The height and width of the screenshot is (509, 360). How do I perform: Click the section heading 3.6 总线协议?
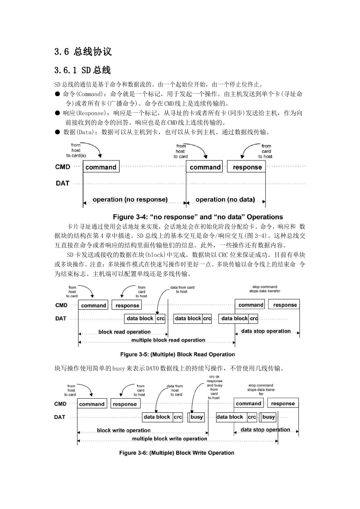point(83,51)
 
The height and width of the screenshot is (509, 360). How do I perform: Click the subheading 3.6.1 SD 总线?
point(82,70)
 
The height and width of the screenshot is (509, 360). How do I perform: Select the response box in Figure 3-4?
point(246,167)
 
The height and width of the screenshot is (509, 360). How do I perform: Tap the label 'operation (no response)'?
point(130,199)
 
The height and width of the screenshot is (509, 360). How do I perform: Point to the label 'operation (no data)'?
point(225,199)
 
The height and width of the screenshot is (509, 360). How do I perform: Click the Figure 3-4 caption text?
point(198,217)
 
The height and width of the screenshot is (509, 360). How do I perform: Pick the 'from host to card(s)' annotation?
point(76,150)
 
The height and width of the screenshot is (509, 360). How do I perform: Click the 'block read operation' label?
point(124,332)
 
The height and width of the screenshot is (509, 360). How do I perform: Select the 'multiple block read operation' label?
point(168,340)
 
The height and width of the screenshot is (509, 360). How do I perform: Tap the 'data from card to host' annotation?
point(182,289)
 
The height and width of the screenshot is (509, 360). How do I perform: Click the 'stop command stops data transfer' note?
point(265,289)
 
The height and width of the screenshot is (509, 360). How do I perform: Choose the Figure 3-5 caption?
point(178,354)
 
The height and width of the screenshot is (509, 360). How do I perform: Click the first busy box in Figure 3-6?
point(196,417)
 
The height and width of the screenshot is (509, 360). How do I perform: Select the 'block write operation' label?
point(123,430)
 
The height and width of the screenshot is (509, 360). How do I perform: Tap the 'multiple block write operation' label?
point(169,439)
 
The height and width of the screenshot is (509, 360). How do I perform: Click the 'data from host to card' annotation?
point(175,390)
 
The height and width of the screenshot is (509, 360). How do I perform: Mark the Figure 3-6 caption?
point(177,453)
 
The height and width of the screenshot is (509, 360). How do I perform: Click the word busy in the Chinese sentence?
point(118,368)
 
